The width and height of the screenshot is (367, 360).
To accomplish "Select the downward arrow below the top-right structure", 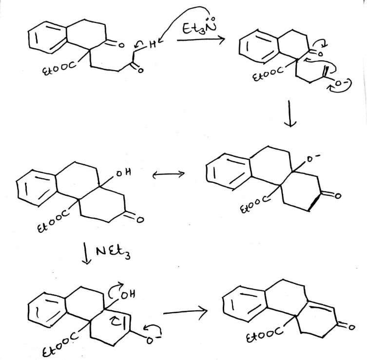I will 291,117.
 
